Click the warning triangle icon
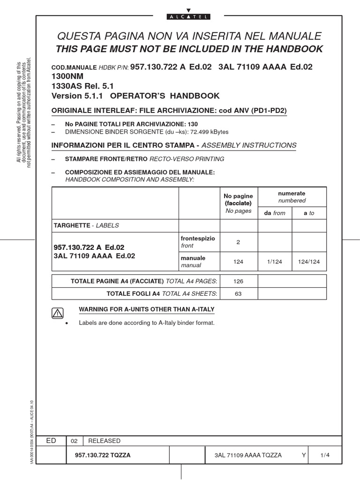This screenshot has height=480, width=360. click(57, 314)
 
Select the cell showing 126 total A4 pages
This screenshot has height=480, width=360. click(238, 281)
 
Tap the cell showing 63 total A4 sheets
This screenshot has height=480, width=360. click(238, 293)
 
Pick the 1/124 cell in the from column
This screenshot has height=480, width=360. click(275, 262)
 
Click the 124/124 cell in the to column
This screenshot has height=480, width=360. click(309, 262)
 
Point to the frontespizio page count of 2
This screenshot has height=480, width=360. click(238, 242)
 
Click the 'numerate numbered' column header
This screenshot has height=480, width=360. click(292, 196)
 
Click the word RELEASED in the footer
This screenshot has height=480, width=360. click(104, 441)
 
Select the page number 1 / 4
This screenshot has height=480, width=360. click(325, 455)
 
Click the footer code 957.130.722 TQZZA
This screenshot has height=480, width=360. click(103, 455)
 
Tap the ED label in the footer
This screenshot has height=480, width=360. click(52, 441)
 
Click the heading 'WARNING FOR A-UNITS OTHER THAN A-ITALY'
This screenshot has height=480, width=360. click(147, 310)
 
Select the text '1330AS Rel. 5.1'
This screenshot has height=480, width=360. click(82, 86)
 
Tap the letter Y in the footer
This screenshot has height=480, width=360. click(304, 455)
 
